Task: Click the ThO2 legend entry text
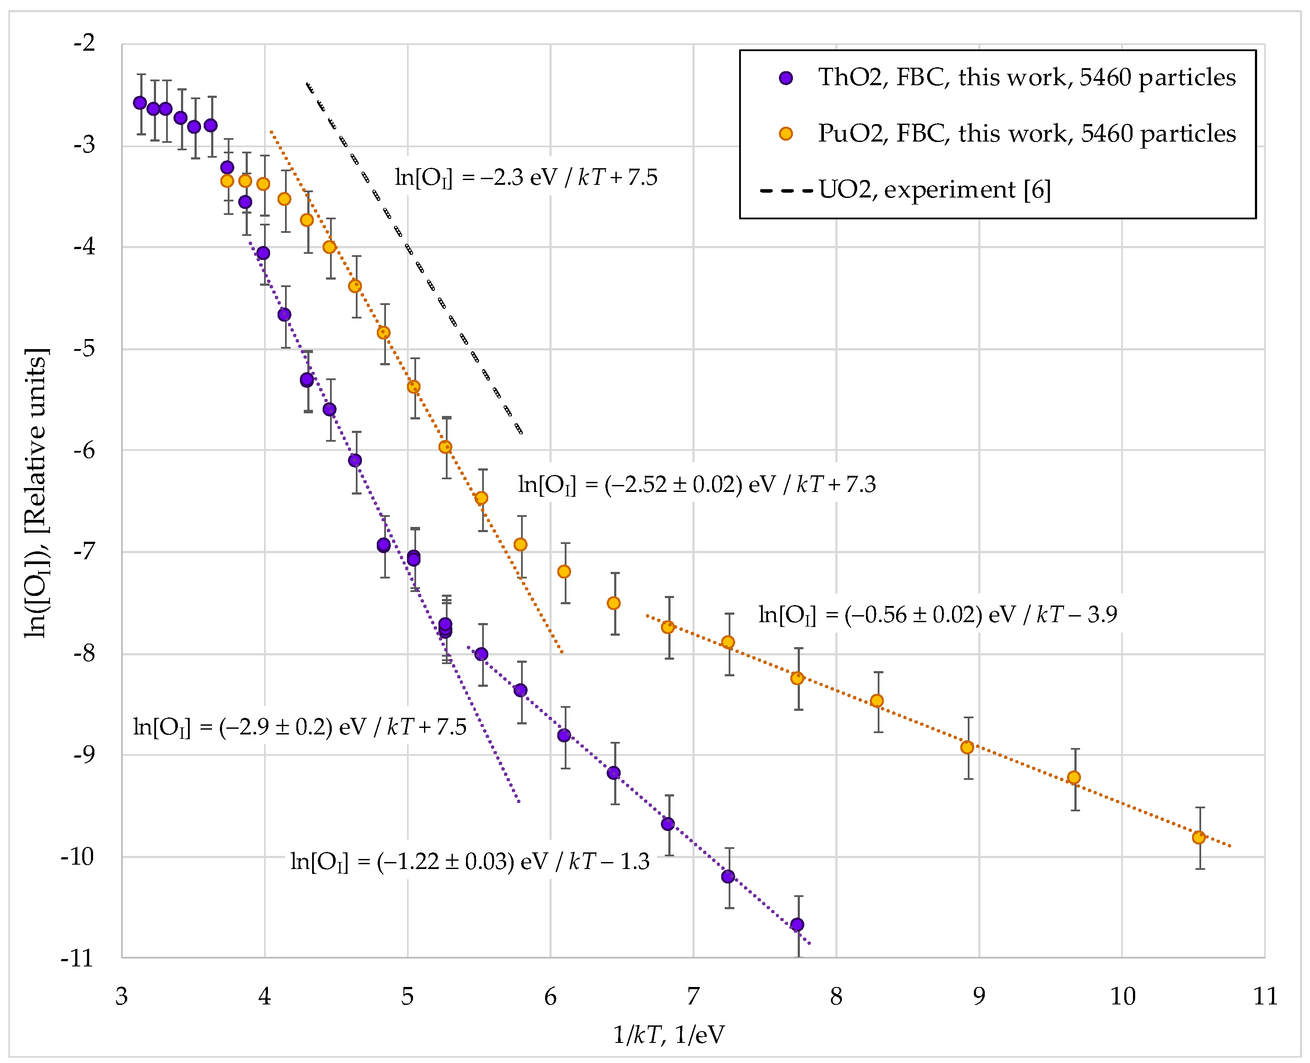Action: [x=1026, y=78]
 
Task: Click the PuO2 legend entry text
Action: [x=1026, y=134]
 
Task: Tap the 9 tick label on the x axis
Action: [x=979, y=996]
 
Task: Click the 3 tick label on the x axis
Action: [x=122, y=996]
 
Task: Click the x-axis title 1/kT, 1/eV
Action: [x=669, y=1035]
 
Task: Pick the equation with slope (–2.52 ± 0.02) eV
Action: [x=697, y=485]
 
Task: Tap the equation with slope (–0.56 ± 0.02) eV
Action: [x=938, y=614]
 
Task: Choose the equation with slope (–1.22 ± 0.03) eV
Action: [x=470, y=862]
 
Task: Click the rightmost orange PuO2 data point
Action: [x=1199, y=838]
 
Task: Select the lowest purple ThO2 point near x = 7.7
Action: [x=797, y=924]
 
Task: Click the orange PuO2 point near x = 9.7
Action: [x=1074, y=778]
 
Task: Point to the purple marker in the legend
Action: [x=786, y=78]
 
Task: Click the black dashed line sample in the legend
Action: [x=786, y=190]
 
